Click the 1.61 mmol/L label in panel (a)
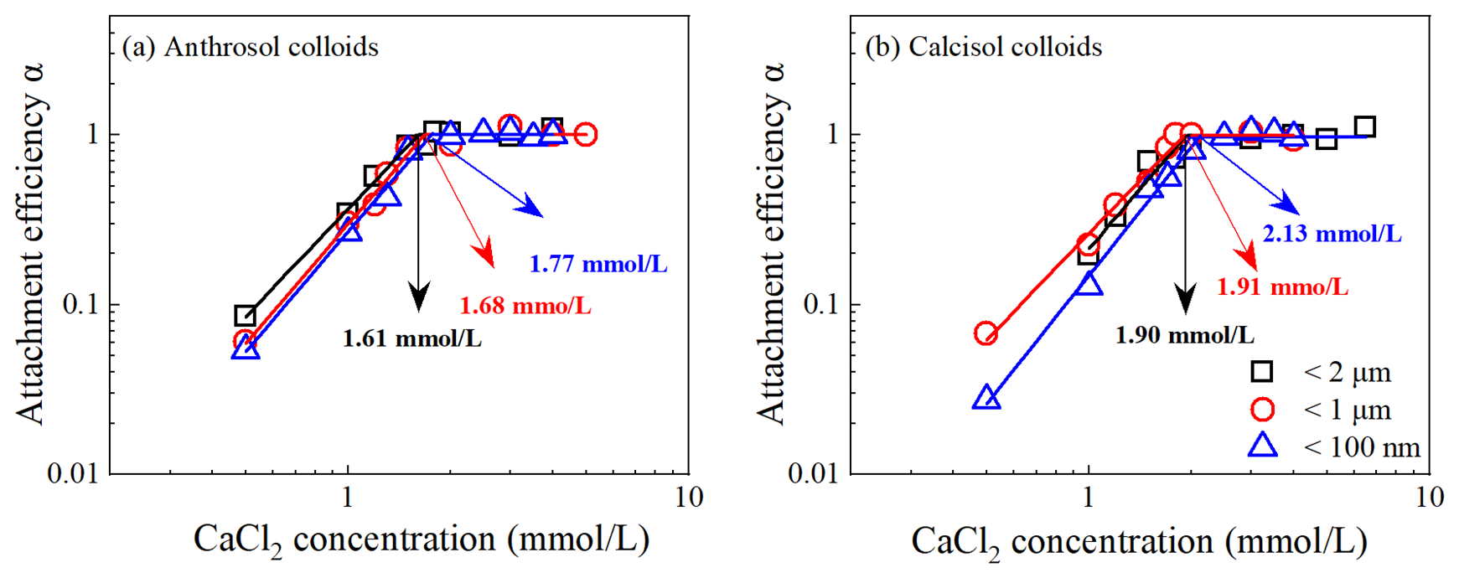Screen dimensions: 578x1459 [x=411, y=338]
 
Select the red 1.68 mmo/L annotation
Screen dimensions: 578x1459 [x=525, y=306]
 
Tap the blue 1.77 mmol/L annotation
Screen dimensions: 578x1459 [x=598, y=265]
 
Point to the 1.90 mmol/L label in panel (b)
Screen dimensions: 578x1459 [x=1184, y=335]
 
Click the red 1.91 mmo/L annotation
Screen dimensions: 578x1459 [x=1282, y=287]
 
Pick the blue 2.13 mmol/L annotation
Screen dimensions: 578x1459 [x=1332, y=234]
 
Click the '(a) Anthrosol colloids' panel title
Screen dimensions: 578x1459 [x=250, y=47]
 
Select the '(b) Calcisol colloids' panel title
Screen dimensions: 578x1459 [x=983, y=47]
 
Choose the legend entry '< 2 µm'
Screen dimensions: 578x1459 [x=1322, y=372]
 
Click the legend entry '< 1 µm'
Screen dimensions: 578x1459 [x=1322, y=410]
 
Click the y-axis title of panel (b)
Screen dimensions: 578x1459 [x=771, y=243]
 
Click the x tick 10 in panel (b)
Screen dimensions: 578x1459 [x=1430, y=498]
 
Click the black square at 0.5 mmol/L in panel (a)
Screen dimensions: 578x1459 [x=245, y=316]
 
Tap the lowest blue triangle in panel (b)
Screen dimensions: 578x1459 [x=986, y=399]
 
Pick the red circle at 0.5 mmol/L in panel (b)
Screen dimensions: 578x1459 [x=986, y=334]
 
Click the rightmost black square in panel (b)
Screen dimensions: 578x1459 [x=1364, y=127]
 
